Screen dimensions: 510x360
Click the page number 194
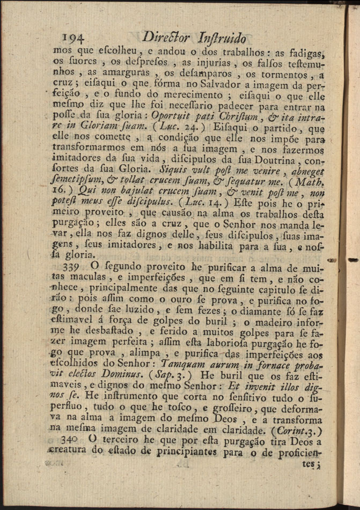tap(75, 38)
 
